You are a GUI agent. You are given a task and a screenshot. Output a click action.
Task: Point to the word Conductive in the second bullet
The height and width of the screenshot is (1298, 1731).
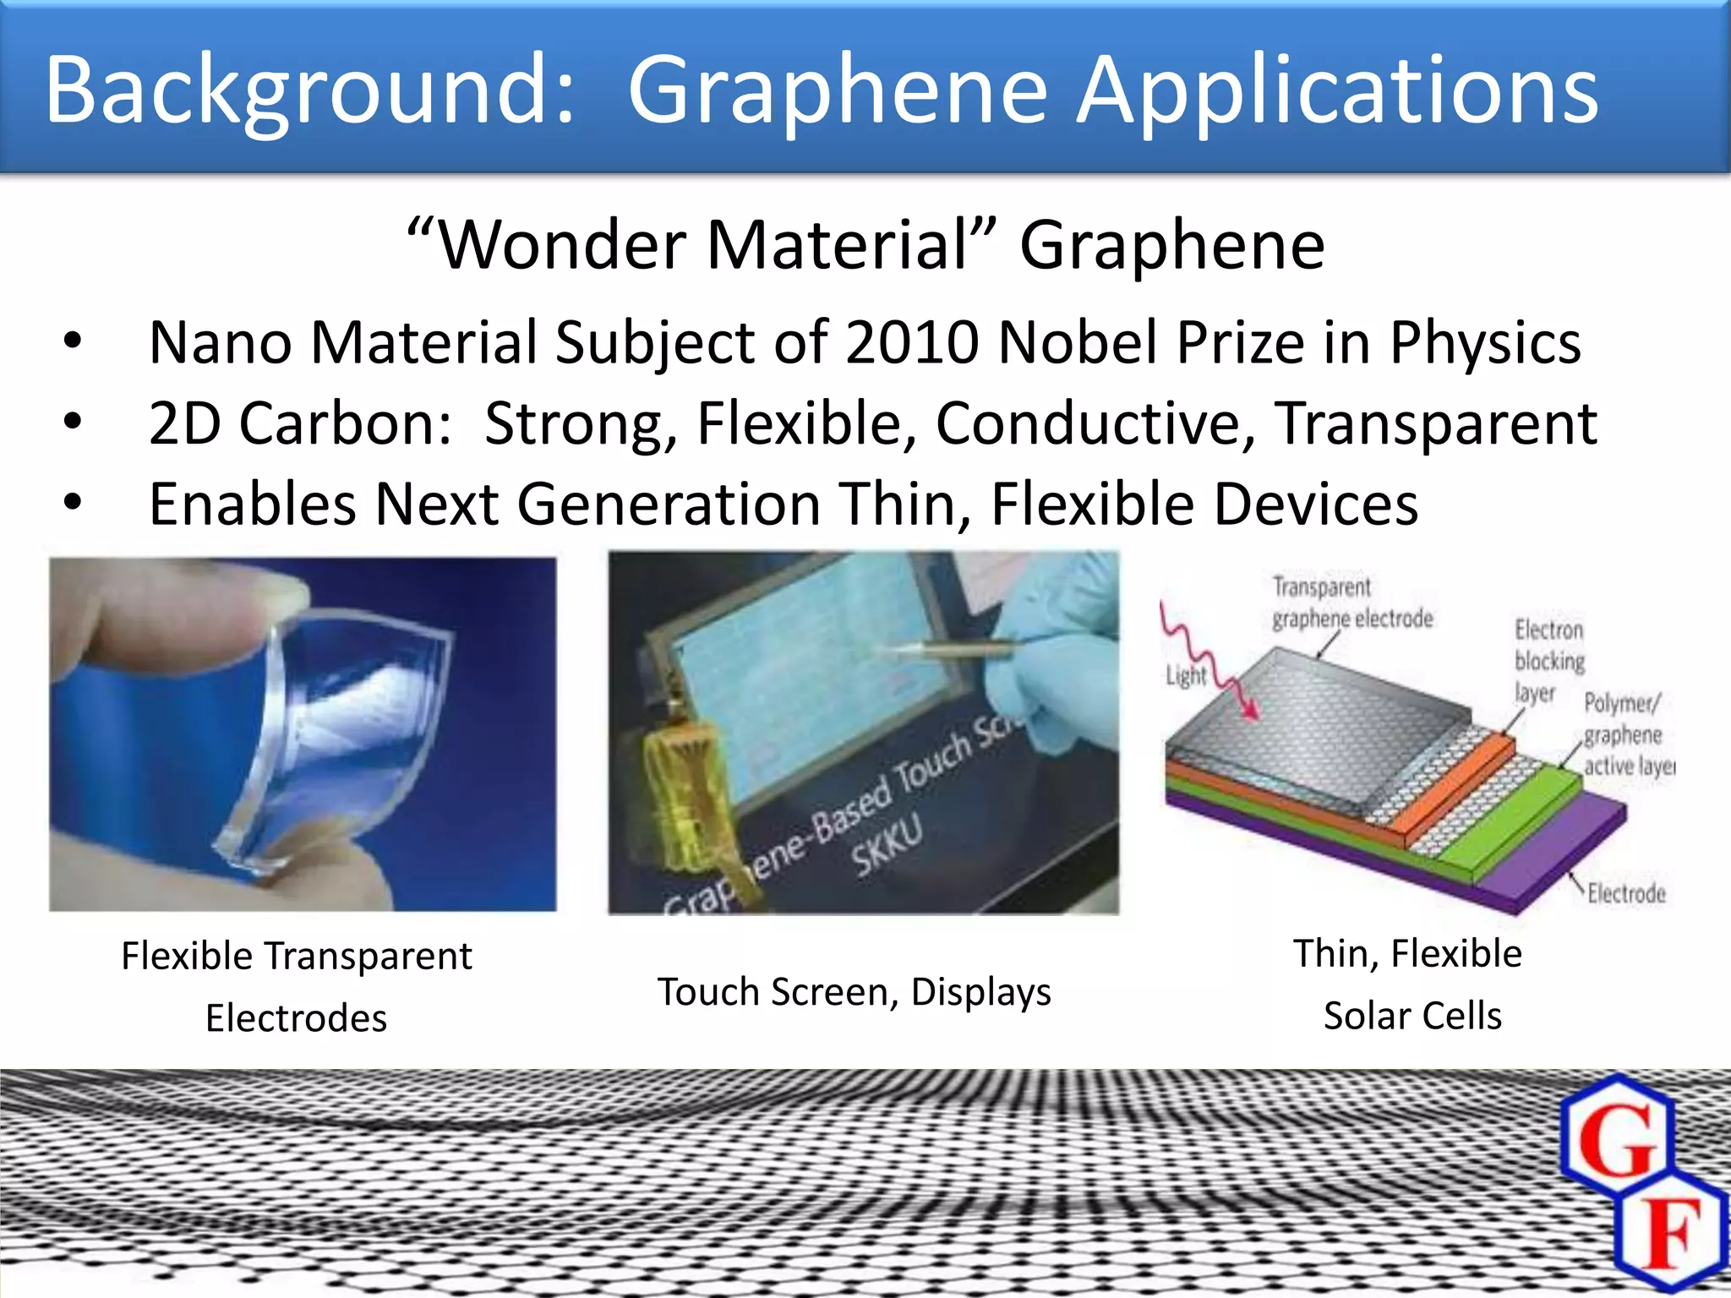tap(1095, 423)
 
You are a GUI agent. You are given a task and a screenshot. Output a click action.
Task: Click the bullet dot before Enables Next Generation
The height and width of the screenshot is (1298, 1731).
tap(73, 503)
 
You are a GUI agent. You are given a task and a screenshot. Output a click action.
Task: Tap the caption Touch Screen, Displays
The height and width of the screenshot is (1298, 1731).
tap(854, 992)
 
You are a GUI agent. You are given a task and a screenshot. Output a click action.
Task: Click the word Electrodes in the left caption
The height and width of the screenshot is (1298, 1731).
tap(296, 1018)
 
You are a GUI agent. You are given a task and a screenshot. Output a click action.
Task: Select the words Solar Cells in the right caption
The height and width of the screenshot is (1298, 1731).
tap(1412, 1016)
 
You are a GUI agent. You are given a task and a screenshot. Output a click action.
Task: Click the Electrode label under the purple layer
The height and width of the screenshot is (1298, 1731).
tap(1625, 893)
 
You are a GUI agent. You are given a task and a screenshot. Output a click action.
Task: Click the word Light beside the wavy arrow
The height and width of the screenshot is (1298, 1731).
tap(1186, 676)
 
